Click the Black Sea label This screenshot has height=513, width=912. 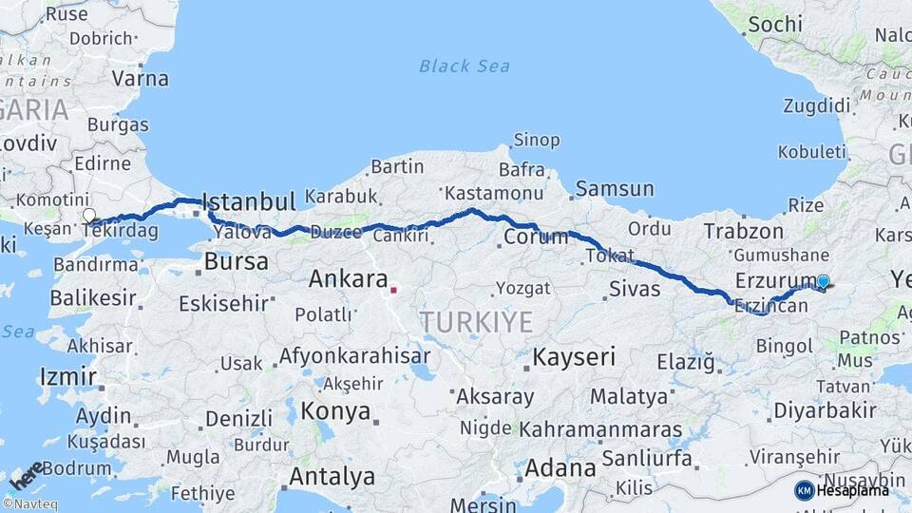pyautogui.click(x=465, y=66)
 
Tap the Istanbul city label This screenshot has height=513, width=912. pyautogui.click(x=249, y=201)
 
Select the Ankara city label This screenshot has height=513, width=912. pyautogui.click(x=348, y=279)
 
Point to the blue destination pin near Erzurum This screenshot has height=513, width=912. pyautogui.click(x=823, y=281)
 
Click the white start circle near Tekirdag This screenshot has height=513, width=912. pyautogui.click(x=89, y=216)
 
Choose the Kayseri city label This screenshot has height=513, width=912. pyautogui.click(x=573, y=358)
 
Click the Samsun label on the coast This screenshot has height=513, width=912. pyautogui.click(x=615, y=189)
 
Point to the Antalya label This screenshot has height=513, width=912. pyautogui.click(x=332, y=476)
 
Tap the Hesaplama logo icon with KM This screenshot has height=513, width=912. pyautogui.click(x=805, y=490)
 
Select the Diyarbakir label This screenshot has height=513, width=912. pyautogui.click(x=824, y=410)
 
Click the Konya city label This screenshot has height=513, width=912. pyautogui.click(x=335, y=411)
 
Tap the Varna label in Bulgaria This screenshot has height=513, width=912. pyautogui.click(x=140, y=79)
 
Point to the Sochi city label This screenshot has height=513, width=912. pyautogui.click(x=775, y=25)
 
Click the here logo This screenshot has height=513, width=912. pyautogui.click(x=28, y=476)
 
